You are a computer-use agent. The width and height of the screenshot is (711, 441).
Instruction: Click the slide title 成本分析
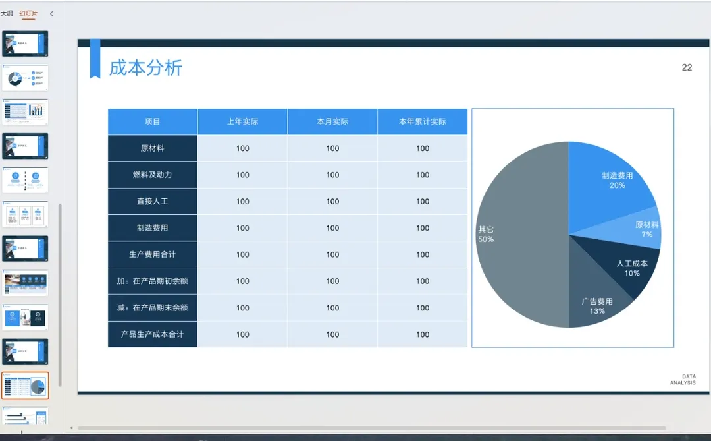(145, 67)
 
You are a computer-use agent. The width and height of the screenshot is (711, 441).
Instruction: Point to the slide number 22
(687, 67)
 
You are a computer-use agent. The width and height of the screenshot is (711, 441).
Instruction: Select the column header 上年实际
(242, 122)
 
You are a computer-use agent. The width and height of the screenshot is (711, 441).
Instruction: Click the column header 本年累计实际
(423, 122)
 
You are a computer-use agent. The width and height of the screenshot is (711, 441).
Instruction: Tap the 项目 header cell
(153, 122)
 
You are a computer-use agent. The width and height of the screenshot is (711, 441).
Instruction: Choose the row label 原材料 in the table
(153, 148)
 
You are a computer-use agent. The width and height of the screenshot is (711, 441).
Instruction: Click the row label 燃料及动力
(153, 175)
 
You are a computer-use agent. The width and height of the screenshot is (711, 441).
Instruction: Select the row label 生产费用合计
(153, 254)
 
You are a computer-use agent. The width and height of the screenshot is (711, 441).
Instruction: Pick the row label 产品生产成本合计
(153, 334)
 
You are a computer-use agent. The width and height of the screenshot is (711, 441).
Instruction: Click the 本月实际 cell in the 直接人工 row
(332, 202)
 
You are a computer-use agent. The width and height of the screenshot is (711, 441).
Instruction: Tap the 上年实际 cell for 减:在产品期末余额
(242, 308)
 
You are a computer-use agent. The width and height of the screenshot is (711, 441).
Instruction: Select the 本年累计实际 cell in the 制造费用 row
(423, 228)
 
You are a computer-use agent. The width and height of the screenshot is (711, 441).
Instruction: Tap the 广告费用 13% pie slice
(596, 305)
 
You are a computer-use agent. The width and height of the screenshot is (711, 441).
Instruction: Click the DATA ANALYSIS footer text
(683, 380)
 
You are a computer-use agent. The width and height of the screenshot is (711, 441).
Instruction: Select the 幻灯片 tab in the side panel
(28, 13)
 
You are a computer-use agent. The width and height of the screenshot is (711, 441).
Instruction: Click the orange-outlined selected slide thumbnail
(25, 386)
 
